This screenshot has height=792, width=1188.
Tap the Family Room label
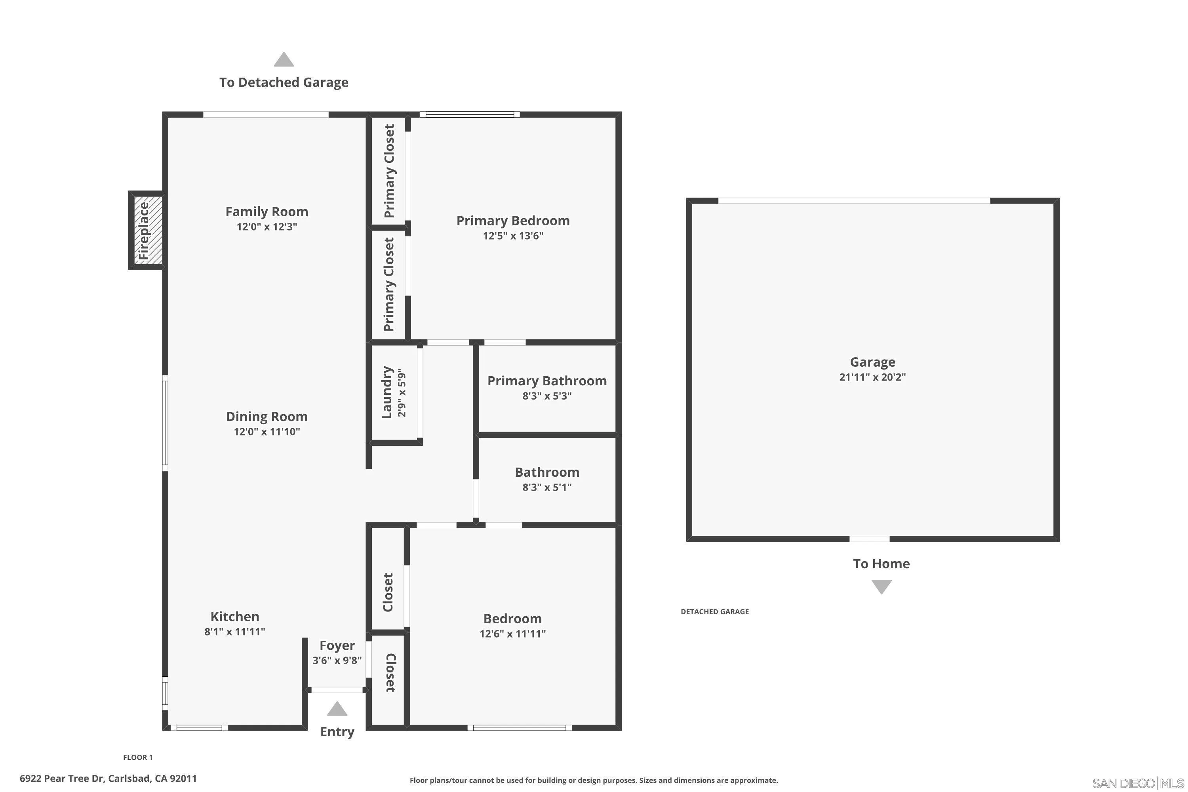(x=267, y=211)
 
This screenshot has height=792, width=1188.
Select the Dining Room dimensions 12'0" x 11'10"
(x=267, y=431)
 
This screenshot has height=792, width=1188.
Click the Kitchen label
(x=235, y=616)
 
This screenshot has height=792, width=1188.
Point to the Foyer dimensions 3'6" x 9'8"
(x=337, y=660)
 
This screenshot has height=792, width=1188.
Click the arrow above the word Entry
(x=337, y=709)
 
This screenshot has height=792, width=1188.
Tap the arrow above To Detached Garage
(x=284, y=60)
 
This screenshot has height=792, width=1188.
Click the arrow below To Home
(x=881, y=586)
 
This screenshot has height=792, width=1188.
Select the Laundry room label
(x=387, y=392)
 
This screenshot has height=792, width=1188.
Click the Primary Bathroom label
(x=547, y=381)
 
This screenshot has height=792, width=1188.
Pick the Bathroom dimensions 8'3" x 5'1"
(x=547, y=487)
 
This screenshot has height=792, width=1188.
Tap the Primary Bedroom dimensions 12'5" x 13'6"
(x=513, y=235)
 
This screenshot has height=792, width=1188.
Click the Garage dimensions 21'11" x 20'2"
(x=872, y=377)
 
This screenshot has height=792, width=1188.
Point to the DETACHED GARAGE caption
(x=715, y=612)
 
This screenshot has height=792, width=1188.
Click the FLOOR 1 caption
(x=138, y=757)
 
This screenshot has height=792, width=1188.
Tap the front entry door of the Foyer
(x=337, y=690)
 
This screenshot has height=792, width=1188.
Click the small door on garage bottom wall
(x=869, y=539)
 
